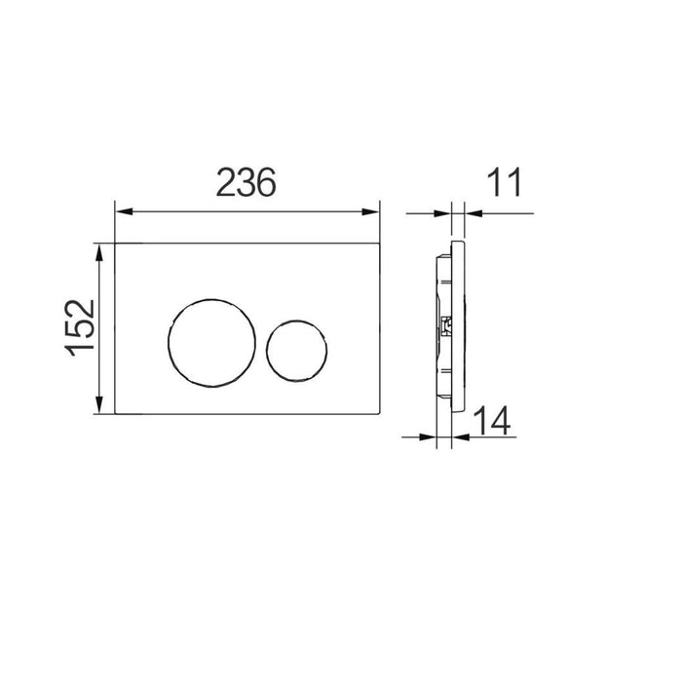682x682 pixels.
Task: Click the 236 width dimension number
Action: point(246,182)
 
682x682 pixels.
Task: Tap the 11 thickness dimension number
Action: point(505,182)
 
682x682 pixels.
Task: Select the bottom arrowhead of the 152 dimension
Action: point(100,409)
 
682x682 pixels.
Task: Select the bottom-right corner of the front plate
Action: point(379,417)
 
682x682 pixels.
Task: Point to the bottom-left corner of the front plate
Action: point(116,417)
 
